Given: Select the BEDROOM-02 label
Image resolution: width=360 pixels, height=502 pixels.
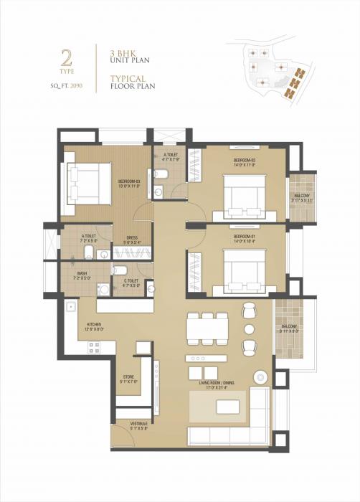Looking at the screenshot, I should [x=245, y=160].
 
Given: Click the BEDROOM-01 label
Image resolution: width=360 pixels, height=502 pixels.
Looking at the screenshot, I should [x=245, y=235].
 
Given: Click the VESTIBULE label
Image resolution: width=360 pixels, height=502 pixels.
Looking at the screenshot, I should [x=139, y=424].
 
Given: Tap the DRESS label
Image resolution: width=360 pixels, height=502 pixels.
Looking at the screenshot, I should [x=131, y=238].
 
